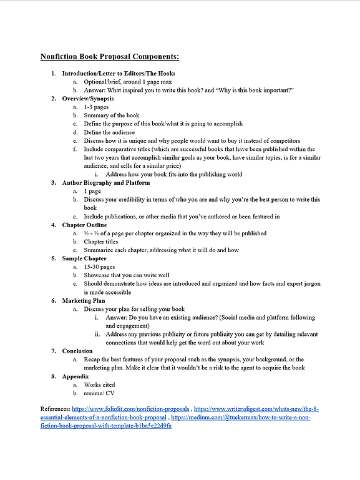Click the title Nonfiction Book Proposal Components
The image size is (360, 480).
109,57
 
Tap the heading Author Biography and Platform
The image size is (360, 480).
105,183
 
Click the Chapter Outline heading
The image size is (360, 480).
84,225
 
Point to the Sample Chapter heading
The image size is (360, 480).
84,258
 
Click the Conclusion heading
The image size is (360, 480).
77,351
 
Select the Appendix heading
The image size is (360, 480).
76,376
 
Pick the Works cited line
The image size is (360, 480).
99,385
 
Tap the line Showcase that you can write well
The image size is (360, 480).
126,275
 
